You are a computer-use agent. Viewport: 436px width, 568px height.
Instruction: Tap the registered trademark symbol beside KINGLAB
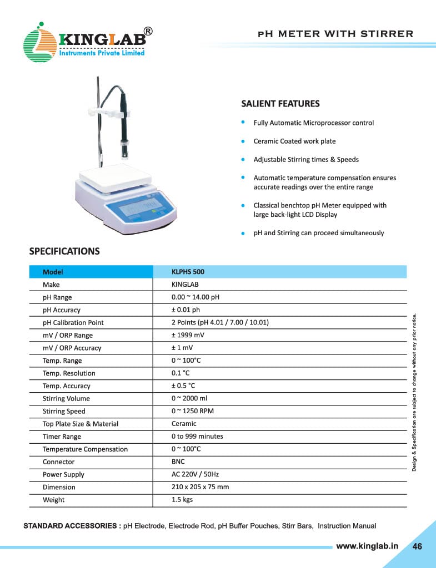(148, 31)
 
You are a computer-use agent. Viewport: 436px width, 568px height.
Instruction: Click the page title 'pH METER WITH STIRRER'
(335, 34)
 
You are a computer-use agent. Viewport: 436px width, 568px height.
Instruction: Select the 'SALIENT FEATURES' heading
(280, 104)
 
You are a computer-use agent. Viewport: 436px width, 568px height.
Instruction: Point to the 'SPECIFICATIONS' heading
(64, 251)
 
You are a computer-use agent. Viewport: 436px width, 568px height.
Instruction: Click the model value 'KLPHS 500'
(188, 272)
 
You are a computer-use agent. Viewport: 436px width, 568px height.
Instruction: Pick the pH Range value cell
(196, 297)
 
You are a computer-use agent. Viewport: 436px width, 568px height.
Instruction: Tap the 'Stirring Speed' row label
(64, 411)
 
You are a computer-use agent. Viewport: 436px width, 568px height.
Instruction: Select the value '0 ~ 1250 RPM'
(192, 411)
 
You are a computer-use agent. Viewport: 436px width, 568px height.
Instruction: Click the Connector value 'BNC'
(178, 461)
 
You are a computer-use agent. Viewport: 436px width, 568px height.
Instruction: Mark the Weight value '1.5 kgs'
(182, 500)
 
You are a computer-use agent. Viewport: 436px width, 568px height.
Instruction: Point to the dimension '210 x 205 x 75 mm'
(200, 487)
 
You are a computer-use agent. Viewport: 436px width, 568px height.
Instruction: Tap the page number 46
(417, 546)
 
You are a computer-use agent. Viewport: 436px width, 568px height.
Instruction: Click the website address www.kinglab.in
(367, 546)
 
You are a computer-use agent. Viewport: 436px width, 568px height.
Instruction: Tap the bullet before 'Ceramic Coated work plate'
(243, 141)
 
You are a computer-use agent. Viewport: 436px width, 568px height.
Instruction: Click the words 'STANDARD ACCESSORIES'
(71, 526)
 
